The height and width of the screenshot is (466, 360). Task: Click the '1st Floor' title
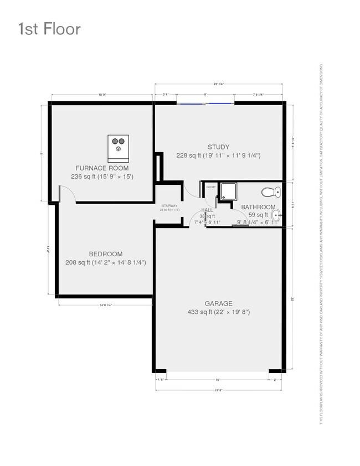click(x=49, y=28)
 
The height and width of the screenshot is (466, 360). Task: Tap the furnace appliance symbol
click(x=118, y=144)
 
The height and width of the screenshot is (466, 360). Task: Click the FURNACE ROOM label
click(x=102, y=168)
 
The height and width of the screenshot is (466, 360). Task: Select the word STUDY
click(x=218, y=147)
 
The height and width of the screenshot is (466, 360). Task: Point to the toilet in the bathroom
click(x=270, y=193)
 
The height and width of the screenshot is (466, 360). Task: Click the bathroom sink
click(x=276, y=216)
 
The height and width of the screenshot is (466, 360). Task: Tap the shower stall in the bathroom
click(x=228, y=192)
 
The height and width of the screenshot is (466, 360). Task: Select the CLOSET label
click(x=211, y=187)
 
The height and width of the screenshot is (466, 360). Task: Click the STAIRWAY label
click(x=168, y=205)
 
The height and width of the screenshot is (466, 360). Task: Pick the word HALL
click(x=207, y=210)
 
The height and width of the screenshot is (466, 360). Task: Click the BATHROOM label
click(x=258, y=207)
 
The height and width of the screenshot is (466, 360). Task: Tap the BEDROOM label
click(x=105, y=254)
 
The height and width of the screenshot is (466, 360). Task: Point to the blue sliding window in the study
click(x=206, y=103)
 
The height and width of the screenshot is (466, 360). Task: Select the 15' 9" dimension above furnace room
click(x=102, y=95)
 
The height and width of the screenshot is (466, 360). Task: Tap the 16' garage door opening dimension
click(x=217, y=380)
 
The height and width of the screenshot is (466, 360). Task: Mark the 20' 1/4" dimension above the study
click(x=219, y=84)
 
